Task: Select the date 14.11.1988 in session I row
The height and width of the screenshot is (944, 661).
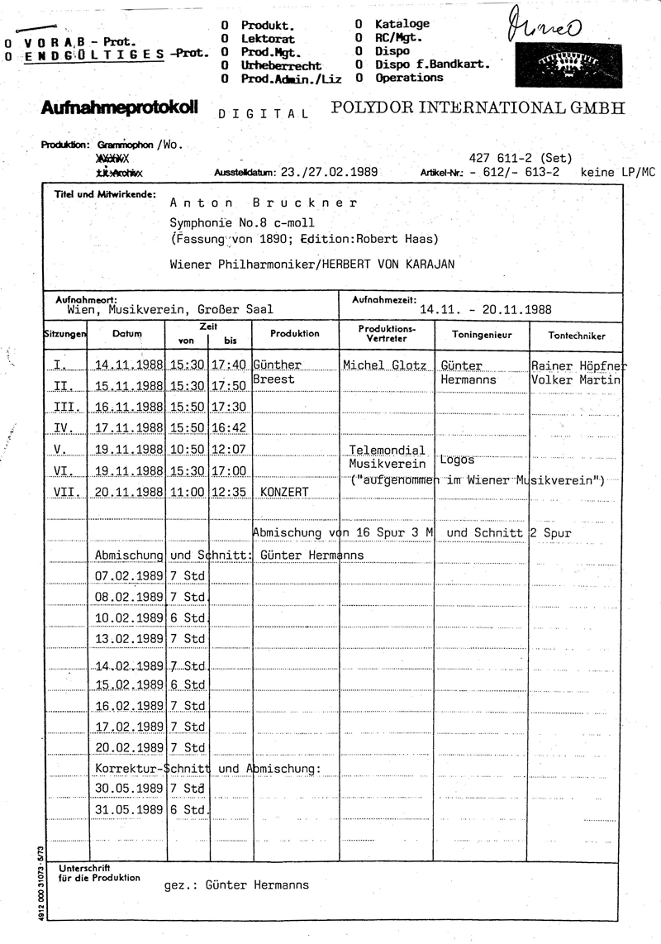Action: tap(128, 365)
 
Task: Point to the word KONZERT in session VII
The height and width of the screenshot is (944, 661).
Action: tap(284, 492)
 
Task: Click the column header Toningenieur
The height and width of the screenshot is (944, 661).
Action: tap(483, 335)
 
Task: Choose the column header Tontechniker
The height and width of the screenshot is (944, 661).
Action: tap(577, 336)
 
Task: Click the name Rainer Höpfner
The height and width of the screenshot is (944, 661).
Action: tap(579, 365)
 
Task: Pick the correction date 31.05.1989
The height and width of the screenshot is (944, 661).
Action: tap(128, 810)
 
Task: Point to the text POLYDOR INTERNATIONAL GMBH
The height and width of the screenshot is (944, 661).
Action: tap(478, 108)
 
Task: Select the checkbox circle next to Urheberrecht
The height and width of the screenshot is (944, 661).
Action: tap(225, 65)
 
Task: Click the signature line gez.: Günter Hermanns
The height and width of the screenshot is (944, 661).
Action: tap(236, 885)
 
